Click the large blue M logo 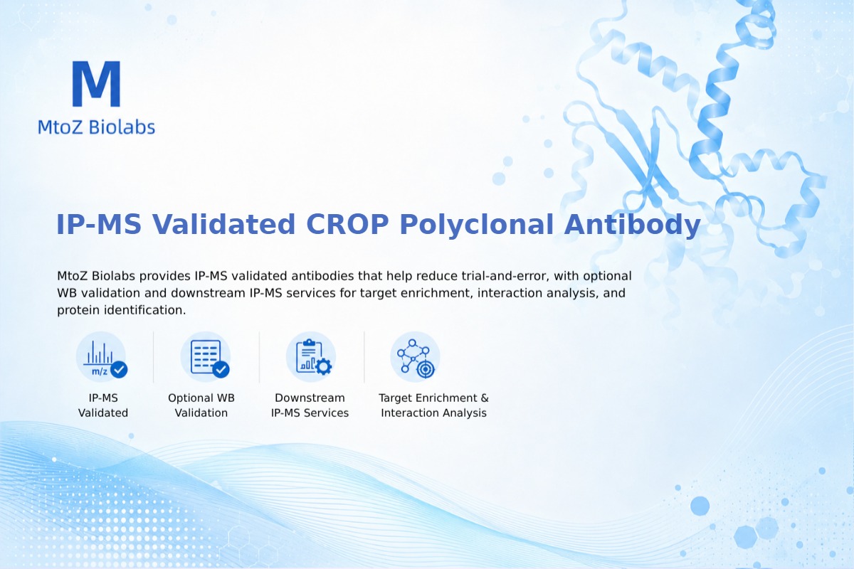(97, 83)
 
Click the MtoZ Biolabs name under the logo (97, 127)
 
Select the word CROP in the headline (347, 224)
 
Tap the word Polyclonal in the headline (477, 225)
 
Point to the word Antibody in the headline (632, 225)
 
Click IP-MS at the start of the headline (99, 224)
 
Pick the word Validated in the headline (223, 224)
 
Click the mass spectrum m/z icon (101, 357)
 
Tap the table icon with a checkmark (206, 357)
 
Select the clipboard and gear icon (311, 357)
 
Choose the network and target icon (415, 357)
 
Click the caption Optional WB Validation (201, 405)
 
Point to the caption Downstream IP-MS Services (310, 405)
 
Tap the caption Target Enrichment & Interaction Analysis (433, 405)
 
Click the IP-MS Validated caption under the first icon (103, 405)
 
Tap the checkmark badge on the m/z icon (119, 369)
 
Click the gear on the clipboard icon (324, 366)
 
